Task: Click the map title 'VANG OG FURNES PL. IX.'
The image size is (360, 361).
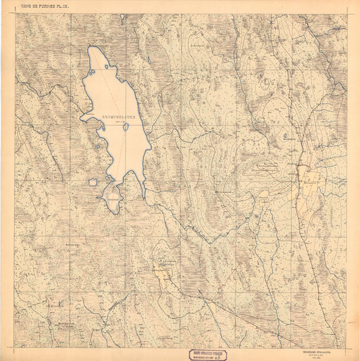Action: pos(46,7)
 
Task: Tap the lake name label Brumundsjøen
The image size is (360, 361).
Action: pos(118,117)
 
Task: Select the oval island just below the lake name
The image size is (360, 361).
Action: pos(126,126)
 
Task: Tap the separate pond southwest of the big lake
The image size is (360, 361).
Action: pos(93,182)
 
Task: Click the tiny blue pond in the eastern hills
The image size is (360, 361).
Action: pos(284,136)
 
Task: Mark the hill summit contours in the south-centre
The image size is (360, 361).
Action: pos(164,263)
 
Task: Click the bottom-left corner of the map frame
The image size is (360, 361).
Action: pos(15,348)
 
